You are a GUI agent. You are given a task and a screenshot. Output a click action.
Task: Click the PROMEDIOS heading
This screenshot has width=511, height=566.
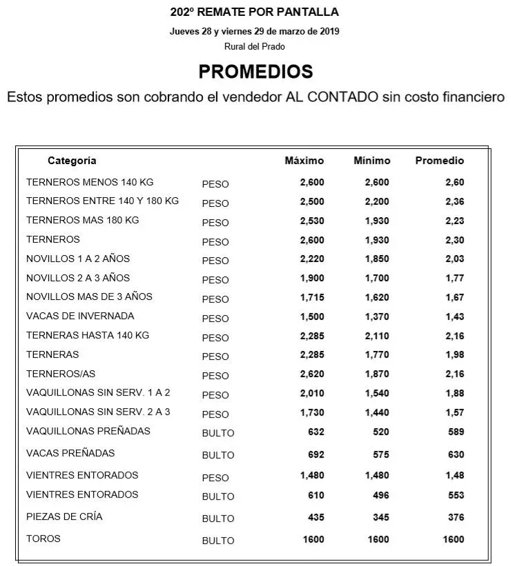[256, 72]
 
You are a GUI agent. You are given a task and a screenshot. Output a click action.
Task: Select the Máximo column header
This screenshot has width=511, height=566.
[304, 161]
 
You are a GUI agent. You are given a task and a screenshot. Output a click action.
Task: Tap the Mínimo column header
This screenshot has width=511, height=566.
[372, 161]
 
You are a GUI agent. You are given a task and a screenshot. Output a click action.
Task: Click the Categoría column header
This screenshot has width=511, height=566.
[72, 161]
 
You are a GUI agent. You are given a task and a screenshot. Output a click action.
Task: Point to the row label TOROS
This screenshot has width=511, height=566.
[43, 538]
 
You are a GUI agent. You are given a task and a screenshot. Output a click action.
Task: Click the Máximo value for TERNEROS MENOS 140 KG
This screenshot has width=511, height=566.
[311, 183]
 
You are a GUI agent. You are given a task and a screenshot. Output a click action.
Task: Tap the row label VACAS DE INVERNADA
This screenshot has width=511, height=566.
[80, 316]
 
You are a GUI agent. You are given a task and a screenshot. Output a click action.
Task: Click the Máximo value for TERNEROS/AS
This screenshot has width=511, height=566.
[311, 375]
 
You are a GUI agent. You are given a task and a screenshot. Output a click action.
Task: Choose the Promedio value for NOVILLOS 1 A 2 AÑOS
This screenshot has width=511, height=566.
[454, 259]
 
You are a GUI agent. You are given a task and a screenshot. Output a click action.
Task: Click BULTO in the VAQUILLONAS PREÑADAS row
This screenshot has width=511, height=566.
[218, 433]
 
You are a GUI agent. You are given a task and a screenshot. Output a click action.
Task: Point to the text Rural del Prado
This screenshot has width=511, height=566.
[255, 46]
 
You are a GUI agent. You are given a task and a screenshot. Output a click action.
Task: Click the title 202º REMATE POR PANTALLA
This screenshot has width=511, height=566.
[255, 12]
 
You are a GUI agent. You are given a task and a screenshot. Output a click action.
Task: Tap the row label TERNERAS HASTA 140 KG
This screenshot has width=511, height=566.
[87, 335]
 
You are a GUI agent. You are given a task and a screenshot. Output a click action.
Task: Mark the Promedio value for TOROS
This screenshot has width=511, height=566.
[452, 540]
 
